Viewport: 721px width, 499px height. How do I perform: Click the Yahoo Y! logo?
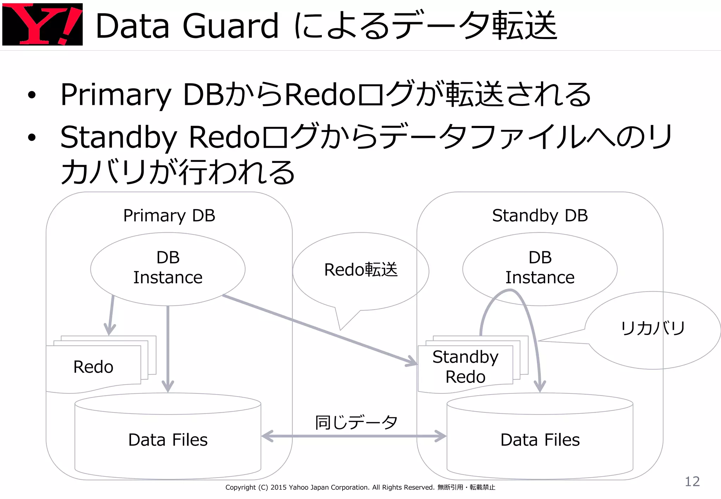point(42,24)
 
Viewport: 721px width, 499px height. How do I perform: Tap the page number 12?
point(692,481)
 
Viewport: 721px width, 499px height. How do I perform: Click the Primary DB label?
point(169,215)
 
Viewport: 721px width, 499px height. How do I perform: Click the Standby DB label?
point(540,215)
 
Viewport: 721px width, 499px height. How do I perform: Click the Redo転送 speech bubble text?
point(360,270)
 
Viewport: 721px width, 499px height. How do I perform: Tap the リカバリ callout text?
point(653,328)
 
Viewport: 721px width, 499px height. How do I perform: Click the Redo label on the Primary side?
point(93,367)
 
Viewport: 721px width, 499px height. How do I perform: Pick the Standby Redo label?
point(465,367)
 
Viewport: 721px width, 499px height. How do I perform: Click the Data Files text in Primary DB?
point(168,440)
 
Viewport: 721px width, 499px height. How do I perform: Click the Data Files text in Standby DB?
point(540,440)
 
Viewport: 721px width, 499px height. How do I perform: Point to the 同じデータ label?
point(356,422)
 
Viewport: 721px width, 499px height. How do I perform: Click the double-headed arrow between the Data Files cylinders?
point(354,436)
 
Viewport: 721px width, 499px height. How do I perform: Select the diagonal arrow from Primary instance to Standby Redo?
point(317,329)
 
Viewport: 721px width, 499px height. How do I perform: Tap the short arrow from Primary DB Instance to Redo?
point(111,315)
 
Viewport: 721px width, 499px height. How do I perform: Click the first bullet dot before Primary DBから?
point(32,95)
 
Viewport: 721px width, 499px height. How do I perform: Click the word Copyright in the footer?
point(240,487)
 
